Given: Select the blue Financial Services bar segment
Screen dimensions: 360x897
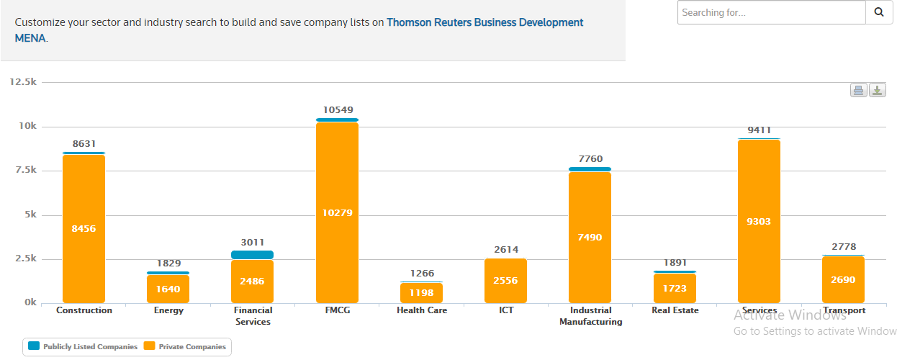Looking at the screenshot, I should [x=253, y=255].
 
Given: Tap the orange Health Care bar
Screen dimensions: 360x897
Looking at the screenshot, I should [x=421, y=292].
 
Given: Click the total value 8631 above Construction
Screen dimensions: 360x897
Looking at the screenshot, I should [x=84, y=144].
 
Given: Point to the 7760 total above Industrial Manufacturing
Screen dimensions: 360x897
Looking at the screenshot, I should [x=590, y=159].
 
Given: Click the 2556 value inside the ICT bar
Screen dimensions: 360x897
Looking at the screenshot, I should [x=505, y=281].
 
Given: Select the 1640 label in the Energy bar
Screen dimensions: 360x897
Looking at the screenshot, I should [x=168, y=289].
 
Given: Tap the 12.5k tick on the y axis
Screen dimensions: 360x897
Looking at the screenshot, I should [x=23, y=82].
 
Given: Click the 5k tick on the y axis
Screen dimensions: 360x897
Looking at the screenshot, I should [x=29, y=215].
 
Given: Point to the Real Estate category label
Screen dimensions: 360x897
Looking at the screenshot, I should [x=674, y=310].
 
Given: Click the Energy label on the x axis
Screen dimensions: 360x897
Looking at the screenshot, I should [x=168, y=310].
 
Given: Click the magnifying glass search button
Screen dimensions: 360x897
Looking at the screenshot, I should [x=879, y=12].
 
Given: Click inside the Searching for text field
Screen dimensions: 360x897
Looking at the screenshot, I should [x=770, y=12].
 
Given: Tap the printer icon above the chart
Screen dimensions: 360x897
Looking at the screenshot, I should [x=858, y=90].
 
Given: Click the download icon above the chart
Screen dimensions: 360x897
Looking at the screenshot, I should [x=878, y=90].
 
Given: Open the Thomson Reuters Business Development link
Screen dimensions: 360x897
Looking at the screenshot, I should [x=484, y=22].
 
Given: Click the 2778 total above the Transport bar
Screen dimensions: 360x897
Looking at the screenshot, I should [x=843, y=247].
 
